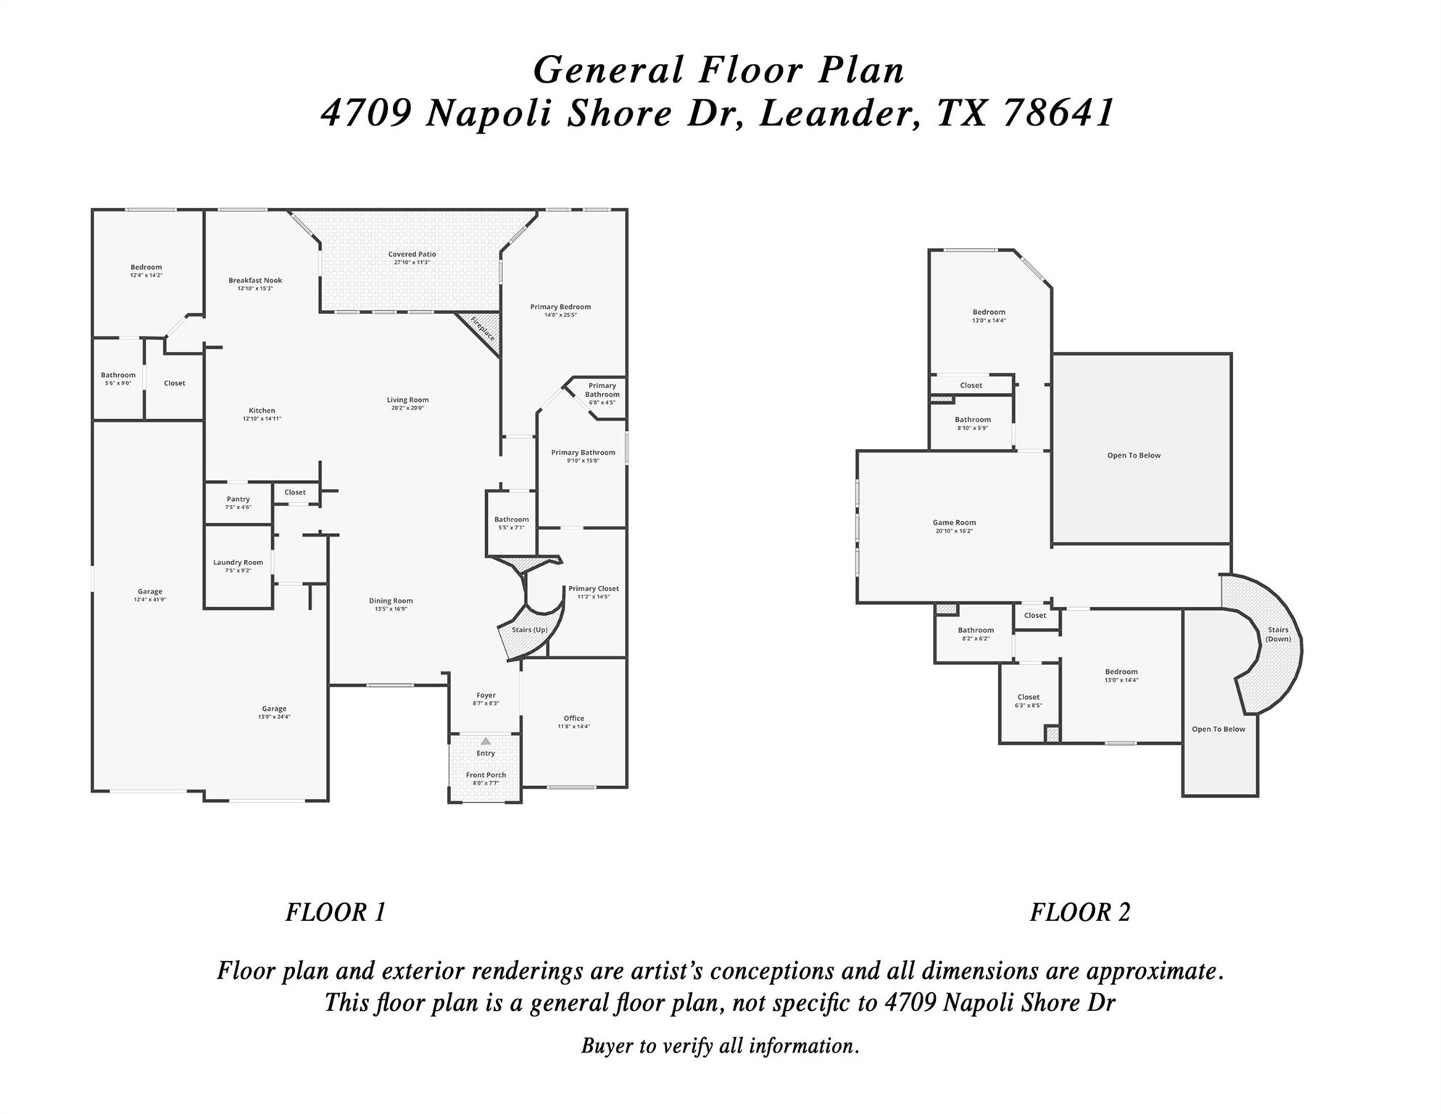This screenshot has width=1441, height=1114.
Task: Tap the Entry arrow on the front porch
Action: click(x=486, y=741)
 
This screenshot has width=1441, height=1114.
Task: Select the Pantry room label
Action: click(x=238, y=499)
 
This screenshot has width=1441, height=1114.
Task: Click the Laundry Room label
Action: click(x=238, y=562)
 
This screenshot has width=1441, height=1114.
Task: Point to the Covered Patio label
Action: click(x=412, y=254)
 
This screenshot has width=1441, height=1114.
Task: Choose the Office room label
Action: click(x=573, y=718)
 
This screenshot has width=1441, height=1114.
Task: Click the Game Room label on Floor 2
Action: click(x=954, y=522)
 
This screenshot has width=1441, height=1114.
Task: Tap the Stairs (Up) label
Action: click(x=530, y=630)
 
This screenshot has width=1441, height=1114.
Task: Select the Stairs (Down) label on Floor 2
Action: click(x=1278, y=634)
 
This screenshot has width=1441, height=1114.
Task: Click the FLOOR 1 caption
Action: click(x=336, y=912)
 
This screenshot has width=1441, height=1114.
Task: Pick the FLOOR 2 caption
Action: click(x=1080, y=912)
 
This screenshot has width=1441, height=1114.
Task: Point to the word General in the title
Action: click(x=608, y=70)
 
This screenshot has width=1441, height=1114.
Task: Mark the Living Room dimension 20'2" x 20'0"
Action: click(x=407, y=408)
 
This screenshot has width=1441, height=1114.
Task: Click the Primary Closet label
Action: click(x=593, y=588)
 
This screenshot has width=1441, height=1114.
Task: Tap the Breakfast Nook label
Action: click(x=255, y=280)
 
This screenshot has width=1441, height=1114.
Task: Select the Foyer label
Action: click(x=486, y=695)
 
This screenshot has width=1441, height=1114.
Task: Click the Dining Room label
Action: click(x=391, y=601)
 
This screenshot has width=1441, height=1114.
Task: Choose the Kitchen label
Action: click(x=262, y=410)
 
